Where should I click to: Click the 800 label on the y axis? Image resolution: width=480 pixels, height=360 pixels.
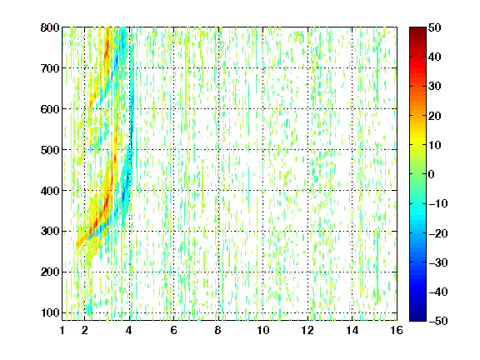tap(50, 27)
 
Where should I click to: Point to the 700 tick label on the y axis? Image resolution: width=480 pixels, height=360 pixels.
tap(50, 68)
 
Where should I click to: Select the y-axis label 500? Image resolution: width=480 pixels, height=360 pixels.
tap(50, 150)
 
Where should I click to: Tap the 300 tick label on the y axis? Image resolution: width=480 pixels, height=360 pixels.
tap(50, 232)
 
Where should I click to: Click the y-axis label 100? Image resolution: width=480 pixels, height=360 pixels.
tap(50, 312)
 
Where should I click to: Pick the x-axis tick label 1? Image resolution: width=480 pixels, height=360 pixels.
tap(62, 330)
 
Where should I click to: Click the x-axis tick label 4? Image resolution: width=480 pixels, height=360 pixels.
tap(129, 330)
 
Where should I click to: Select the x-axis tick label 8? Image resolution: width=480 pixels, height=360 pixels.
tap(218, 330)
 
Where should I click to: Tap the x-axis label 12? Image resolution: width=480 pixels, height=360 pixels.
tap(307, 330)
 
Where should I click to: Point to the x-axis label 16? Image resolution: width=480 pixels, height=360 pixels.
tap(397, 330)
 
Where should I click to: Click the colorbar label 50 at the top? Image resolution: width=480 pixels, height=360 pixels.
tap(434, 27)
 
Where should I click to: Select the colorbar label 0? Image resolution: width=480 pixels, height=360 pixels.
tap(432, 174)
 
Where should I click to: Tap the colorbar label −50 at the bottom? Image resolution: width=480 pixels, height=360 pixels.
tap(438, 321)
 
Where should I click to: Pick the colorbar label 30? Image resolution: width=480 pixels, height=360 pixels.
tap(434, 87)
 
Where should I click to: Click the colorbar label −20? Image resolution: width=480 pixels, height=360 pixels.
tap(438, 233)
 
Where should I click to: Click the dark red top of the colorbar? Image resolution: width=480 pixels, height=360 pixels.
tap(417, 30)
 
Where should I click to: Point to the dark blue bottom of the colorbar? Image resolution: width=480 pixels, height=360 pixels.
tap(417, 318)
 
